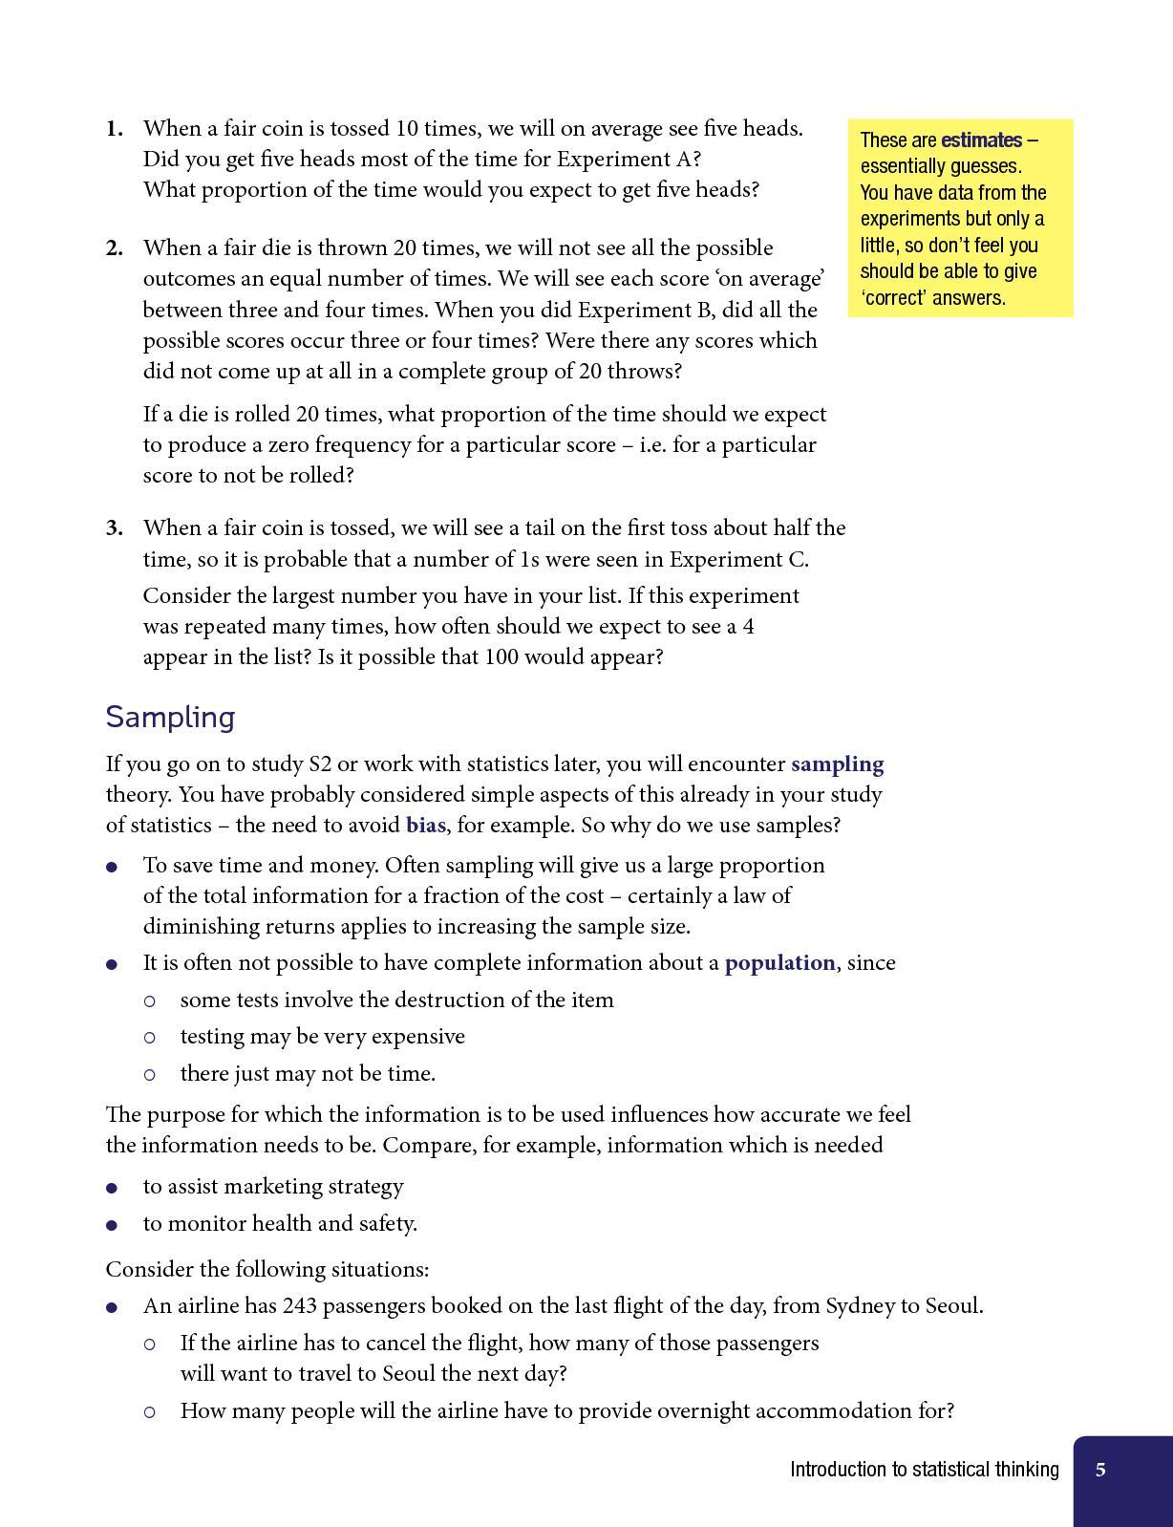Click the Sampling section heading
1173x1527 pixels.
(170, 717)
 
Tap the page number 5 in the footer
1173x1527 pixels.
(1100, 1470)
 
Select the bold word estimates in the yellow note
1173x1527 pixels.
(981, 140)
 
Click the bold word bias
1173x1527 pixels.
(425, 825)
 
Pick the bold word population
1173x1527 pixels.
(779, 962)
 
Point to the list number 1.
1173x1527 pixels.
(115, 128)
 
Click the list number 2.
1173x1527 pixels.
(115, 247)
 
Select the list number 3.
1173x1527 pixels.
(115, 527)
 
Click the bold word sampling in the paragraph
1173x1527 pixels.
(837, 763)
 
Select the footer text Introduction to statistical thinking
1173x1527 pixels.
(924, 1470)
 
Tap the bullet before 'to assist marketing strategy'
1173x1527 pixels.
(113, 1188)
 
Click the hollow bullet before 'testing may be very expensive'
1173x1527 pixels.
(150, 1037)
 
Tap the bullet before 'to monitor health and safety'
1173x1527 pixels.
(113, 1225)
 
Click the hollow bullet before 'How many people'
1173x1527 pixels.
(150, 1411)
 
